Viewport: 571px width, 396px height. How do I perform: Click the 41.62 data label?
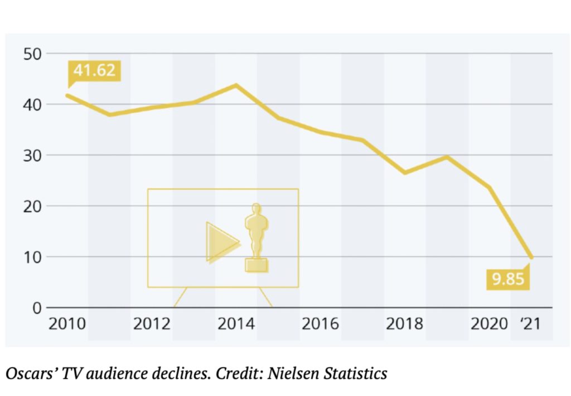pos(94,71)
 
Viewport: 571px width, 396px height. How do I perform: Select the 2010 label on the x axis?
pos(67,324)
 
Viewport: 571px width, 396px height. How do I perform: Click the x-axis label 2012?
pos(152,324)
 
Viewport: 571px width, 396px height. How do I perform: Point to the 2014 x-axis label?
pos(236,324)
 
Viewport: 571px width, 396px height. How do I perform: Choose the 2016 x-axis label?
pos(321,324)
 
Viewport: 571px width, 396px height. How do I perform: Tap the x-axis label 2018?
pos(405,324)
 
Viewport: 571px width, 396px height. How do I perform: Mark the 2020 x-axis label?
pos(489,324)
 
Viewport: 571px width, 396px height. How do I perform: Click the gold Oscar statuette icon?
pos(257,237)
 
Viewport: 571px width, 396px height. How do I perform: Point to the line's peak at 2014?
pos(236,85)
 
